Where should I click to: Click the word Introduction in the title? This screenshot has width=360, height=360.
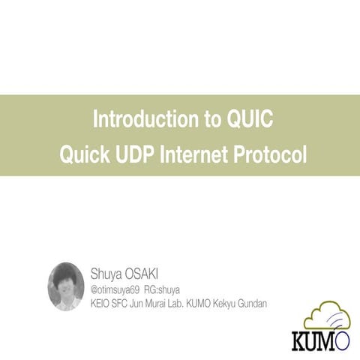point(131,119)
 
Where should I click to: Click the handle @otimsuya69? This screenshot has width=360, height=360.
point(115,289)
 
